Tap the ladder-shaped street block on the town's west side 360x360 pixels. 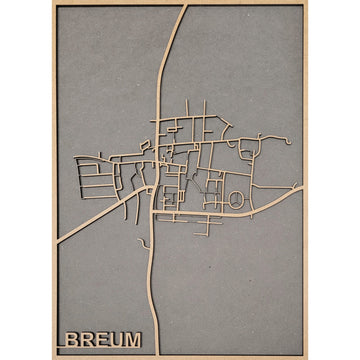coord(95,179)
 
